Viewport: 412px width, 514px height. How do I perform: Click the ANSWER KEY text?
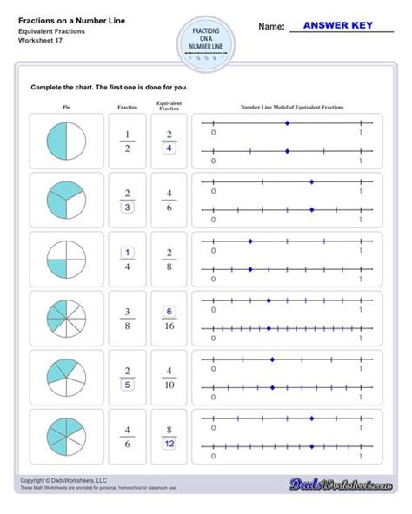[x=341, y=27]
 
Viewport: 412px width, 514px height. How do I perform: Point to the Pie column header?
[x=65, y=108]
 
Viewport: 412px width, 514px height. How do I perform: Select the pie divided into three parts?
[x=65, y=198]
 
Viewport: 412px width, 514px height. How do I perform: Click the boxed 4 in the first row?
[x=169, y=148]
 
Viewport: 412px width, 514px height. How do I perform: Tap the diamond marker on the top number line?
[x=287, y=123]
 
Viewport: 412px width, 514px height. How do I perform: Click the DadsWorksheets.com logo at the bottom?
[x=356, y=483]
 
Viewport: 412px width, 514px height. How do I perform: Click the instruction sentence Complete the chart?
[x=110, y=88]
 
